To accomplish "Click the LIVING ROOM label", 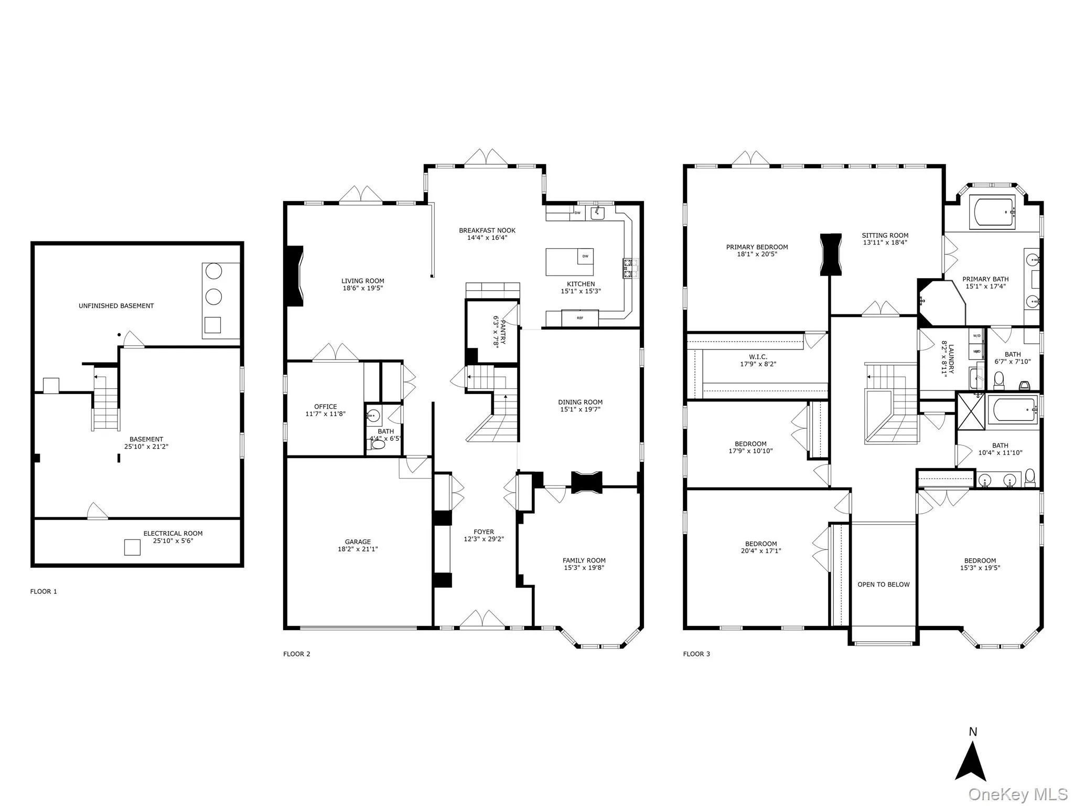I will pos(362,281).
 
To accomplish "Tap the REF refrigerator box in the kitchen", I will pos(579,318).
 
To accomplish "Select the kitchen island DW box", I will pos(585,256).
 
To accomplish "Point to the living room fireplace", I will pos(294,275).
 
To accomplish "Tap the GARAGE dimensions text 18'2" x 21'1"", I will pos(358,549).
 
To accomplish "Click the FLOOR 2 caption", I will pos(297,654).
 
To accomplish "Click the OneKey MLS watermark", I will pos(1018,794).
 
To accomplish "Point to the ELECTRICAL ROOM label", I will pos(173,533).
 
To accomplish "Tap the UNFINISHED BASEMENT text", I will pos(116,306).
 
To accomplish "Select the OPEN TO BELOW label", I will pos(884,585).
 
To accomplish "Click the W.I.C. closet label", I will pos(758,357).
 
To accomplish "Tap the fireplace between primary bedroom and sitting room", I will pos(831,254).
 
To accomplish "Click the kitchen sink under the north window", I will pos(597,213).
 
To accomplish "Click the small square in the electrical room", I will pos(132,547).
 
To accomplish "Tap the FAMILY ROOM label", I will pos(584,560).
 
